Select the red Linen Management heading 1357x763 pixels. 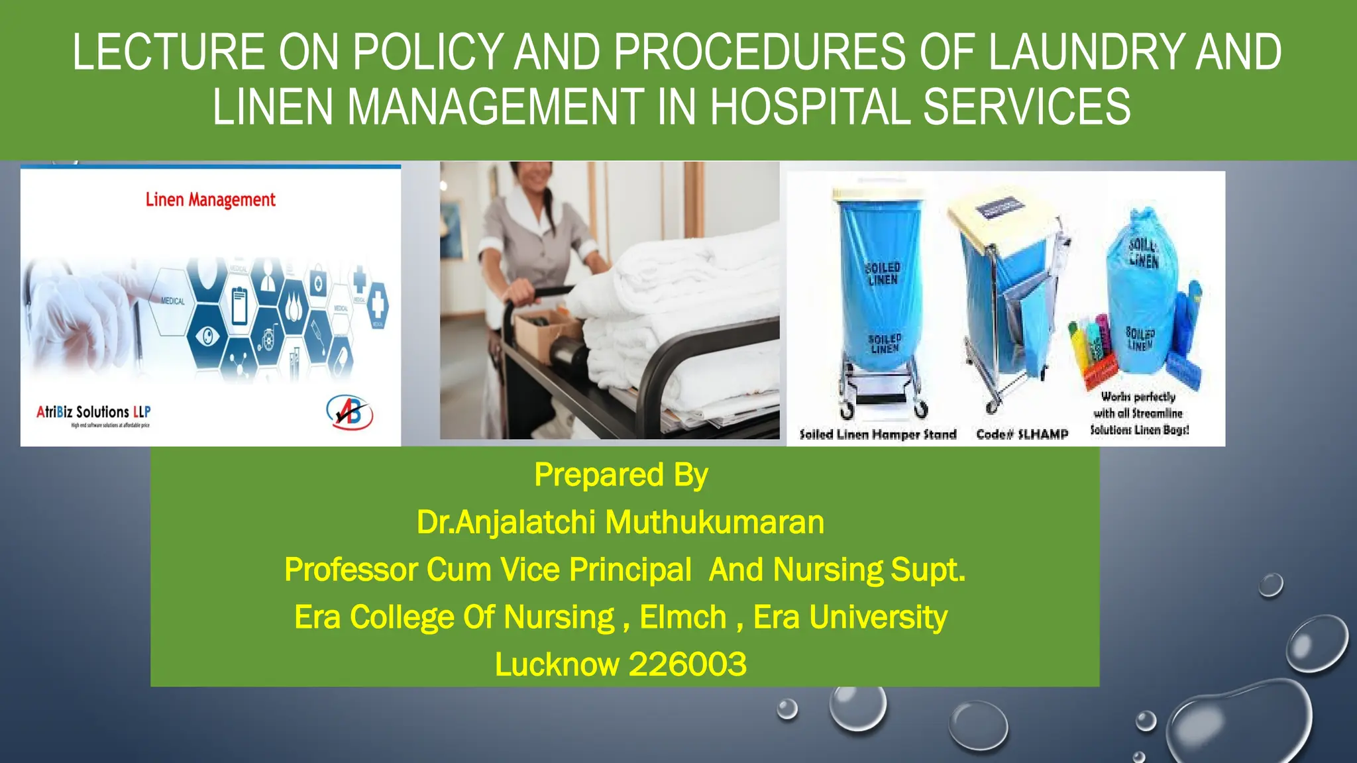click(x=210, y=199)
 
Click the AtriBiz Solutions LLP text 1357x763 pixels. click(x=93, y=412)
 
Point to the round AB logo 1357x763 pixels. click(x=349, y=412)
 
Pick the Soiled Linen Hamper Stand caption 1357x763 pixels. click(x=878, y=434)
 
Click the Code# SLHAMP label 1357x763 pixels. click(x=1022, y=434)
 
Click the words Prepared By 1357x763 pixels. click(x=621, y=475)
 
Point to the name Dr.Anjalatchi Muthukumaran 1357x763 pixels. click(x=620, y=522)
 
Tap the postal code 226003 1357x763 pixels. click(x=687, y=664)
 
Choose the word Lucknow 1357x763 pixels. click(x=557, y=664)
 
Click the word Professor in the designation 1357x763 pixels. click(x=351, y=570)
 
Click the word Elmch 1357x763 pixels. click(x=683, y=617)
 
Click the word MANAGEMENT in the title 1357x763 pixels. click(x=495, y=107)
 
